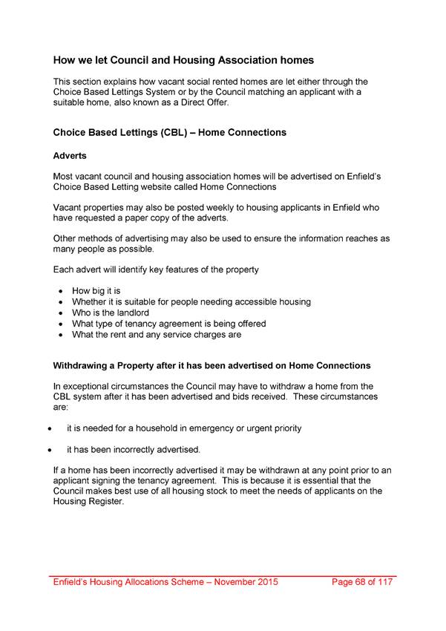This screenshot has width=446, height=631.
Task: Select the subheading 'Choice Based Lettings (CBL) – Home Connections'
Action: click(x=170, y=133)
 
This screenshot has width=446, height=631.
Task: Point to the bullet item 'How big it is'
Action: click(x=101, y=291)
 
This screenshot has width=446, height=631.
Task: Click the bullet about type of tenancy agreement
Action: click(x=168, y=324)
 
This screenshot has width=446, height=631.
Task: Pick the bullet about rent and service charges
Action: click(x=156, y=334)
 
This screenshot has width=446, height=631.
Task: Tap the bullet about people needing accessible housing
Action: click(x=191, y=302)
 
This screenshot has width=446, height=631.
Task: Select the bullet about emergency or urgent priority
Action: click(x=184, y=428)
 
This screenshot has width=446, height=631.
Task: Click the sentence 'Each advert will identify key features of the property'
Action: click(x=156, y=269)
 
